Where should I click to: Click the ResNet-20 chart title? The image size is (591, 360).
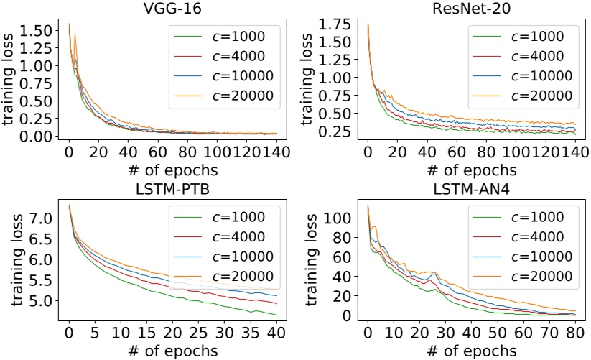click(x=471, y=9)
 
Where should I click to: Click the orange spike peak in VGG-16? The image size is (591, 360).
click(x=75, y=34)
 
